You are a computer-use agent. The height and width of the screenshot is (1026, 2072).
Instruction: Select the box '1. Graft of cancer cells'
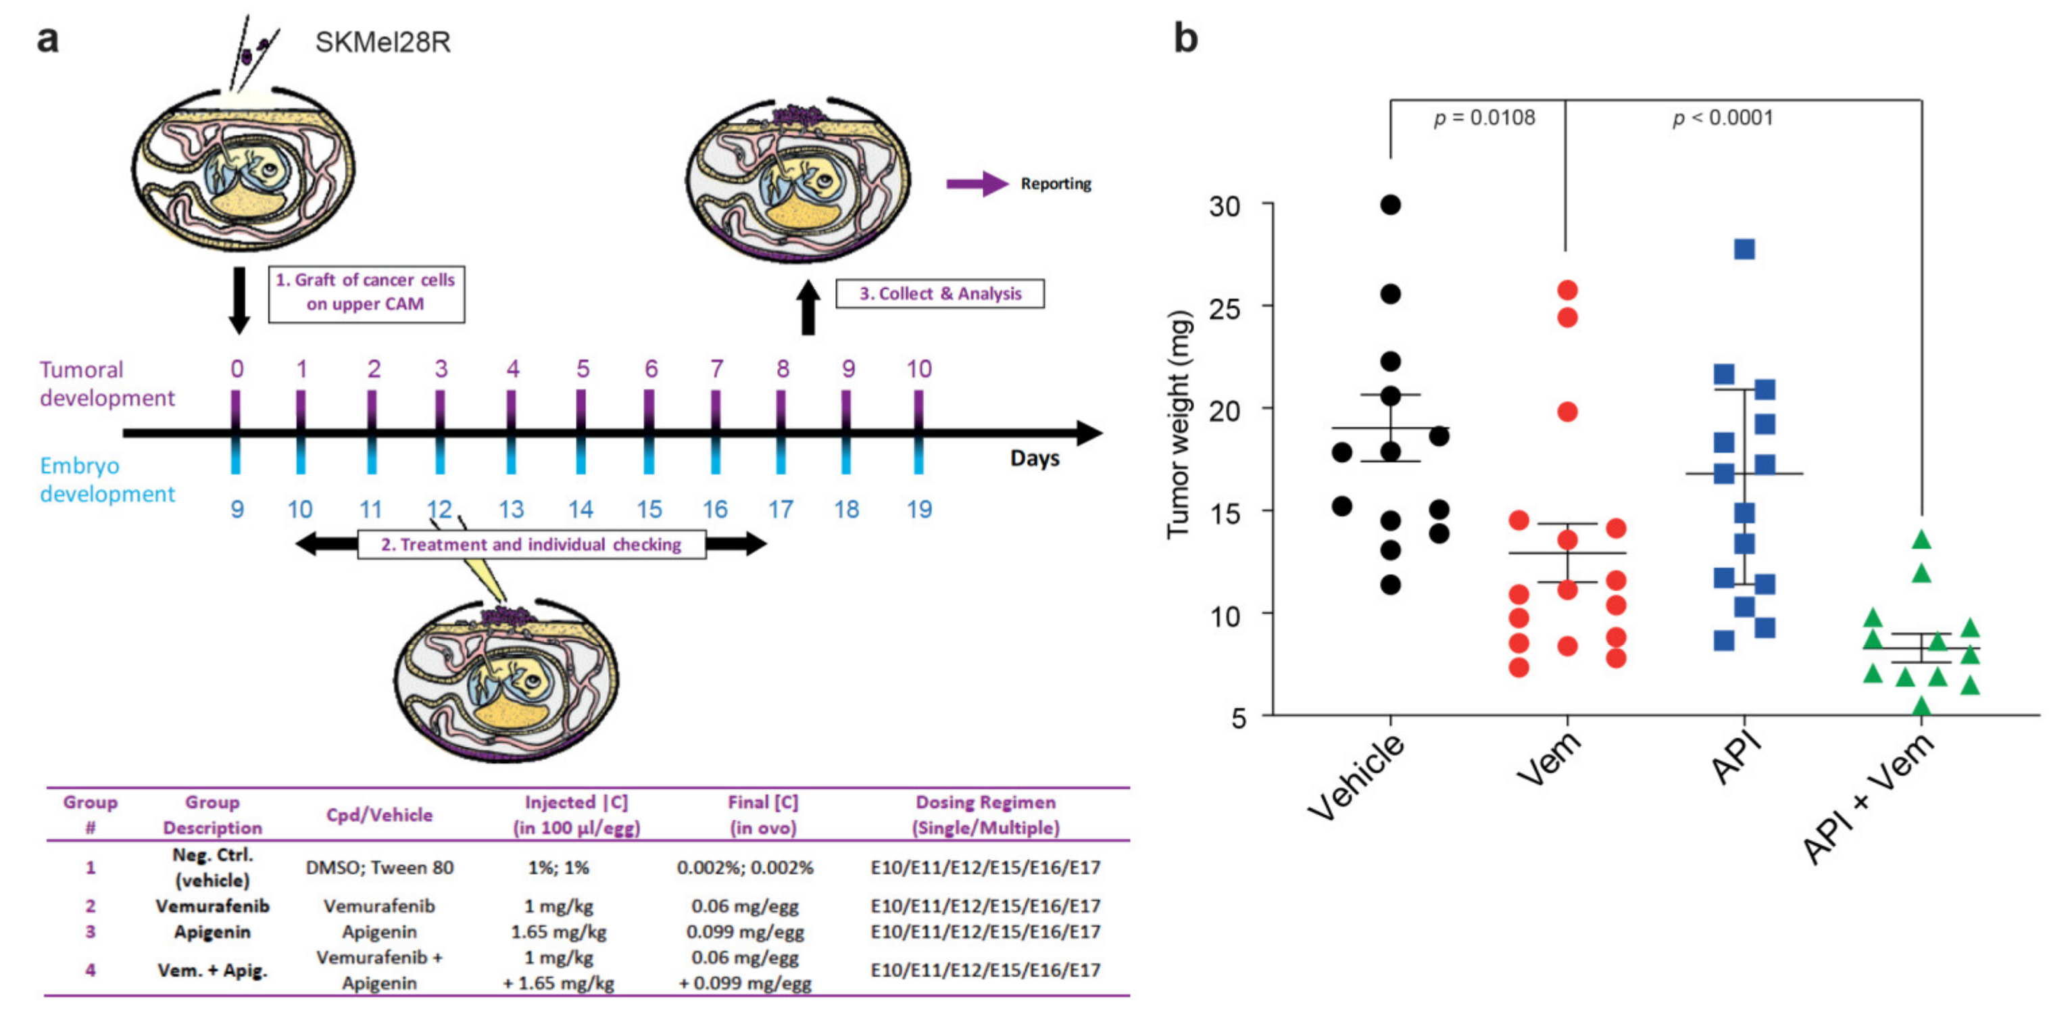366,293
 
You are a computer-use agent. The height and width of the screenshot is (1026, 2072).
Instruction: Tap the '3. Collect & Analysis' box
939,294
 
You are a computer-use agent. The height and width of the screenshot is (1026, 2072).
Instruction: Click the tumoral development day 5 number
583,369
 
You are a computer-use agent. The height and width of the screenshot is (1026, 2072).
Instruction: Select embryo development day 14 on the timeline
581,510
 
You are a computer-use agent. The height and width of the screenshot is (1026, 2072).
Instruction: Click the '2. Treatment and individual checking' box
531,545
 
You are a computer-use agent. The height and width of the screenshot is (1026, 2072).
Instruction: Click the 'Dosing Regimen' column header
985,814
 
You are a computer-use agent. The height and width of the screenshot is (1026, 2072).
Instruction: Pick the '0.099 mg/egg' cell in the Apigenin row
745,932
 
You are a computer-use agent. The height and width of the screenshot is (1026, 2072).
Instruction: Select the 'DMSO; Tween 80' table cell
379,867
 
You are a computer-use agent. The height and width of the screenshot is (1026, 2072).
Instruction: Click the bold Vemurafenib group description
212,906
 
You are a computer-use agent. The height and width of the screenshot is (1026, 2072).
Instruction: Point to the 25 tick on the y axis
1225,308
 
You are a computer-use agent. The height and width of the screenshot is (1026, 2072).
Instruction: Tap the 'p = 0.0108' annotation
1484,118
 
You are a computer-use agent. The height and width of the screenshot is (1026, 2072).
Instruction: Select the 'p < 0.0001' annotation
1722,118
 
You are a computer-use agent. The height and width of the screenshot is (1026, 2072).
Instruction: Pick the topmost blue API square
1744,249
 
